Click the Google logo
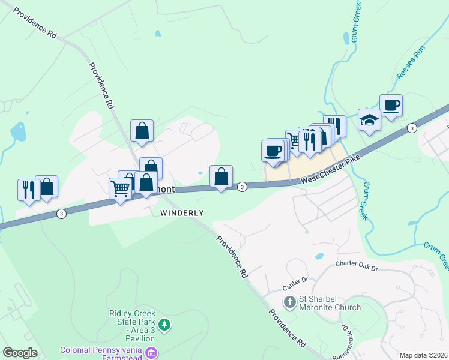tap(20, 353)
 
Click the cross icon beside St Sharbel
tap(289, 301)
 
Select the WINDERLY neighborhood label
tap(182, 213)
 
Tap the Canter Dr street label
tap(296, 280)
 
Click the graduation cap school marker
tap(369, 120)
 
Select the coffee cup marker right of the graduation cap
tap(391, 106)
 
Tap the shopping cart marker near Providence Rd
tap(121, 189)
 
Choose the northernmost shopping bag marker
tap(142, 131)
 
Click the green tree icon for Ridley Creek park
tap(164, 325)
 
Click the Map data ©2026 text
tap(423, 355)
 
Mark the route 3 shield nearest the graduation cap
tap(411, 128)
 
